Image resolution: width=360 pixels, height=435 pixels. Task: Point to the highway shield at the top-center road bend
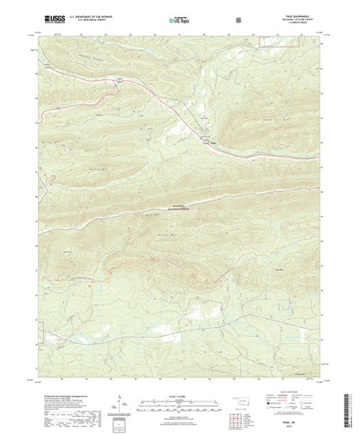click(118, 80)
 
